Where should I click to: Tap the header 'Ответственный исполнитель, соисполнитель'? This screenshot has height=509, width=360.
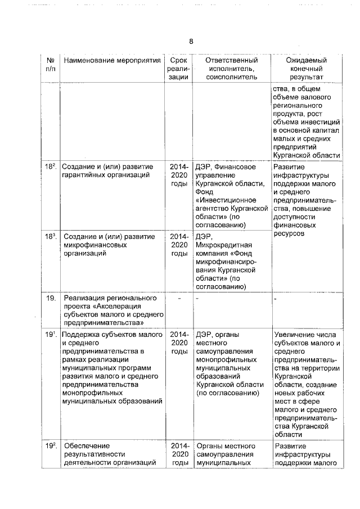(x=231, y=69)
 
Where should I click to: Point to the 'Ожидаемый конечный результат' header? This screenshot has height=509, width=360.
(x=306, y=69)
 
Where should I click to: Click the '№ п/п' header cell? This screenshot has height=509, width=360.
(x=50, y=64)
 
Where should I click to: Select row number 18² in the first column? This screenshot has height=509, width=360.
(x=51, y=167)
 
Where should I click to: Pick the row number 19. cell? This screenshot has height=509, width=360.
(x=51, y=298)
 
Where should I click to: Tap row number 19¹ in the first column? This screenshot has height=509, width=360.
(x=51, y=335)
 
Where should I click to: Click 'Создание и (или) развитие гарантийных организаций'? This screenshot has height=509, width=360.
(x=107, y=171)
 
